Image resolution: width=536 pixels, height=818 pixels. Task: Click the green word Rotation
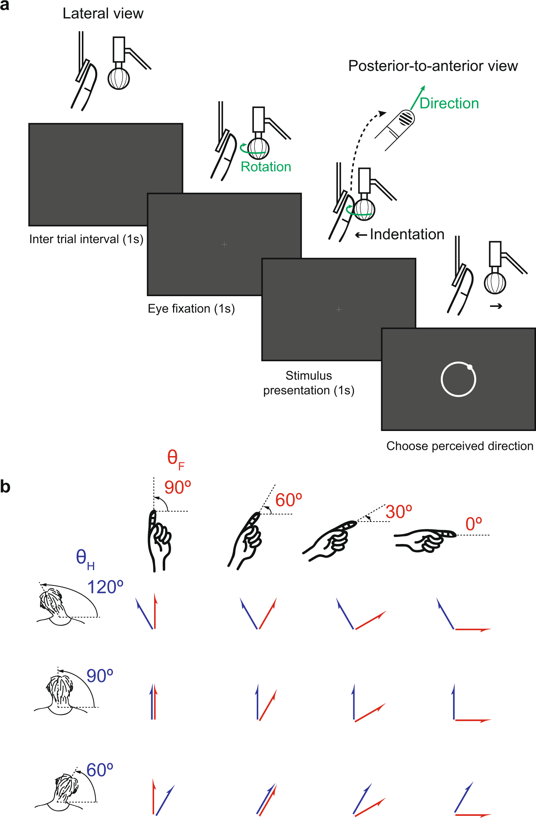[266, 167]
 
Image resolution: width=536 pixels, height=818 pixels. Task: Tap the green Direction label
[449, 103]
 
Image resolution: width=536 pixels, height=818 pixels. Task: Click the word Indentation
[407, 234]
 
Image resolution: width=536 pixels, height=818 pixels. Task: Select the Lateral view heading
[103, 14]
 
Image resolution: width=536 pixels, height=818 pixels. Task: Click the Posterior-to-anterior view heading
[433, 66]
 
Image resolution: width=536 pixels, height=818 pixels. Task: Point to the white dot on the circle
[470, 367]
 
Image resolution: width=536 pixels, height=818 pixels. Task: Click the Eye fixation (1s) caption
[191, 309]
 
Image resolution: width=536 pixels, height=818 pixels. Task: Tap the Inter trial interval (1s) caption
[86, 239]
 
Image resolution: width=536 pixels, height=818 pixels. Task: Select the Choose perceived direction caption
[459, 446]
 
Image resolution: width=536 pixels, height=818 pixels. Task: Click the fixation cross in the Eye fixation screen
[224, 244]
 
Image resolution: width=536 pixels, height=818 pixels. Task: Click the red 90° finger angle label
[177, 488]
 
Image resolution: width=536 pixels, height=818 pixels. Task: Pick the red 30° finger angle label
[399, 512]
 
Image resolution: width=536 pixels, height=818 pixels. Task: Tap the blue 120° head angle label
[105, 587]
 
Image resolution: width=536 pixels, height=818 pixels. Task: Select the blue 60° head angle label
[100, 770]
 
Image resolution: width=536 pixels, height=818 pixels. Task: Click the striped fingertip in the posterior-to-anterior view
[406, 118]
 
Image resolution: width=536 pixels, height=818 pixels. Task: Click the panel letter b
[5, 487]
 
